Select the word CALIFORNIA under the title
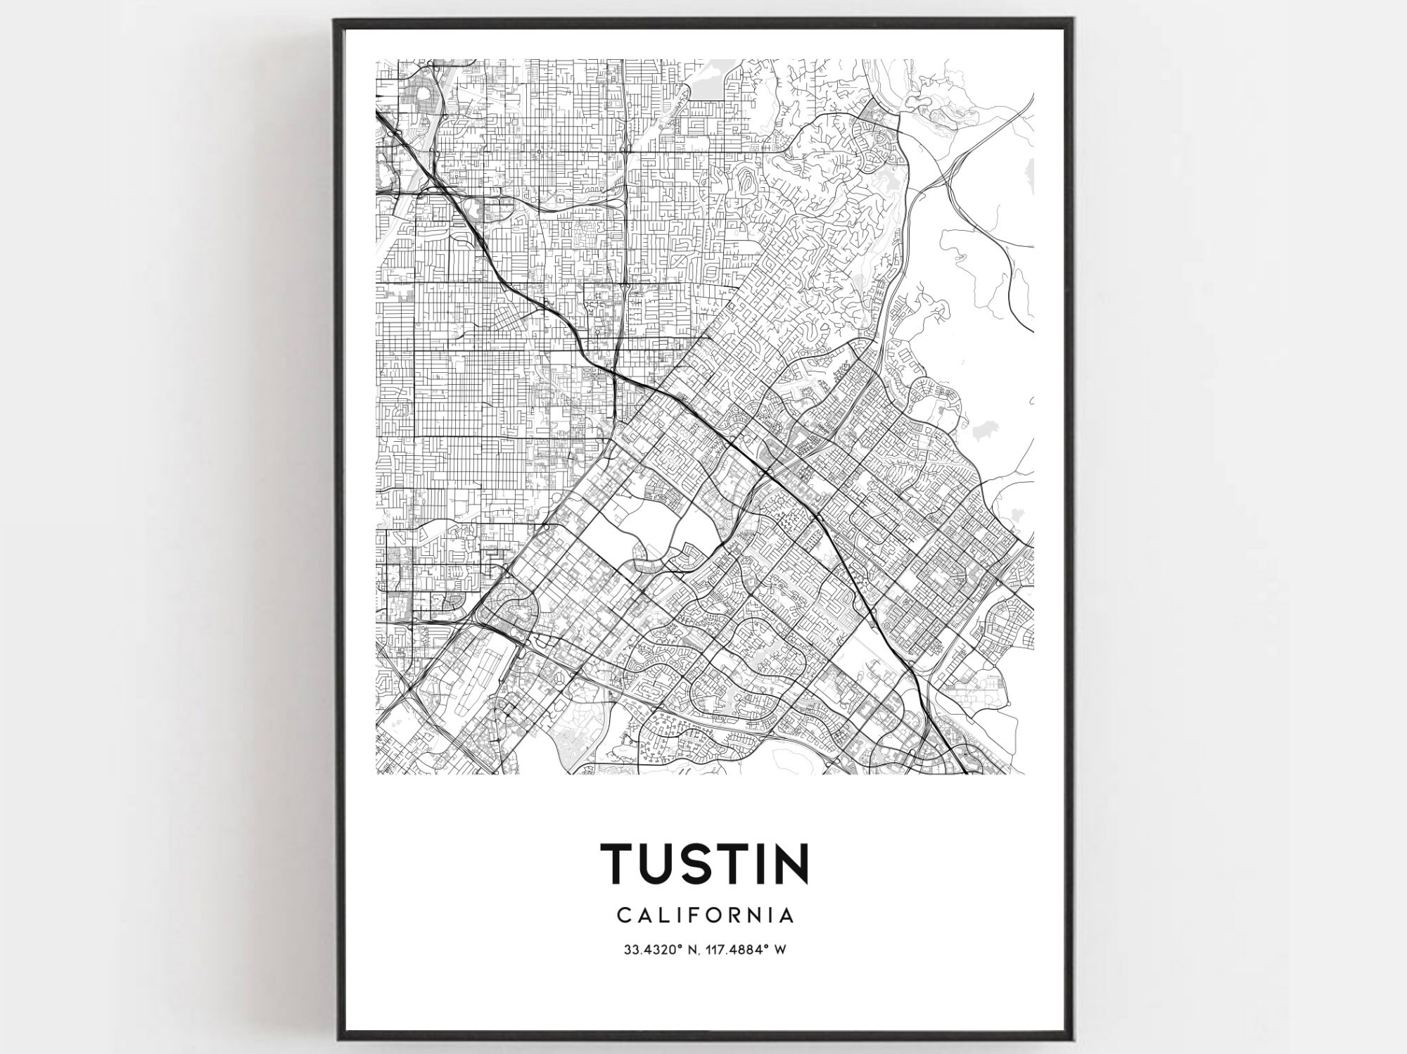(706, 915)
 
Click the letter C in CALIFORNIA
(623, 915)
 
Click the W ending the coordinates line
(779, 950)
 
